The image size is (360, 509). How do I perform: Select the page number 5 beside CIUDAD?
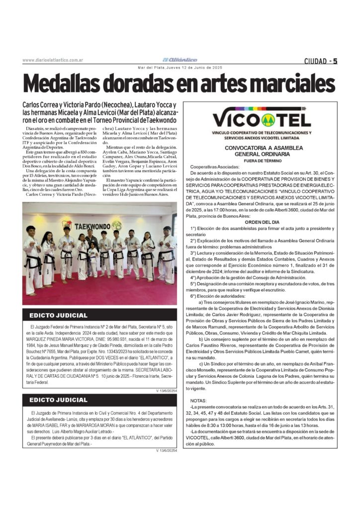click(x=335, y=61)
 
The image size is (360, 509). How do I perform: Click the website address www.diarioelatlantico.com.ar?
click(x=52, y=61)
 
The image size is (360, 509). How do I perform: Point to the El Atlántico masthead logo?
click(x=180, y=60)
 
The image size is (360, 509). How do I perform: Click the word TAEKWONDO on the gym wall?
click(x=92, y=226)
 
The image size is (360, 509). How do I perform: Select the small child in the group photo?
click(x=93, y=261)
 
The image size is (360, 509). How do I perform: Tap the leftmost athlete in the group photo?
click(x=32, y=258)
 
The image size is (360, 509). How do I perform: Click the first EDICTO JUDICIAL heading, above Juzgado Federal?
click(x=58, y=315)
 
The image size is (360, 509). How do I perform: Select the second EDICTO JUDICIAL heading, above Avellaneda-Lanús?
click(x=58, y=400)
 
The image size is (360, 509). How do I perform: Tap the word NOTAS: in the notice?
click(x=199, y=400)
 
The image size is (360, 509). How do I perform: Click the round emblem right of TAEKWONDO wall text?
click(x=117, y=225)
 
